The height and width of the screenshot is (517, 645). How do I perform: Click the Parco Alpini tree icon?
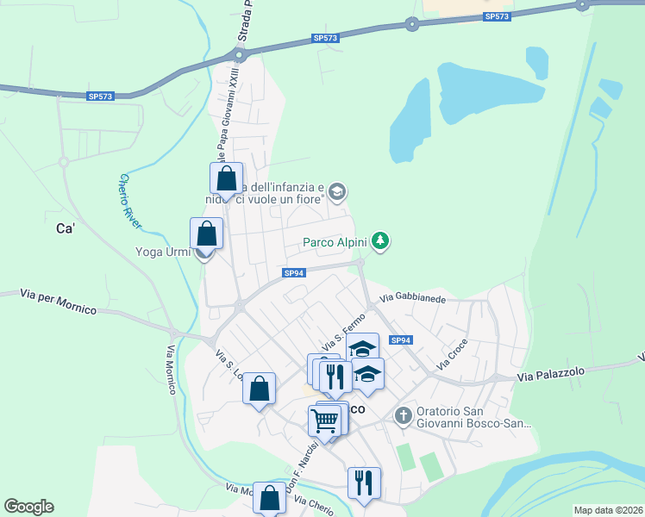(x=380, y=242)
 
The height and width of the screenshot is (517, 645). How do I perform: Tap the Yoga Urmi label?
(x=164, y=252)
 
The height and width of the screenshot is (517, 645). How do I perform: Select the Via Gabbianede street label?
(x=413, y=299)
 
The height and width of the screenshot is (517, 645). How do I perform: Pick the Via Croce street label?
(x=452, y=355)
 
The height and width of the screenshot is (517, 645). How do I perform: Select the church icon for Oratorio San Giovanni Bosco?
(x=403, y=416)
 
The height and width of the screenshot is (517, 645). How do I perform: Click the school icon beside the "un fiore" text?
(x=338, y=191)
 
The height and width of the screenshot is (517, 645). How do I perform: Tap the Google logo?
(x=28, y=507)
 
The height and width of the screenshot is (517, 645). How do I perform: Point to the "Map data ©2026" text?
(x=608, y=510)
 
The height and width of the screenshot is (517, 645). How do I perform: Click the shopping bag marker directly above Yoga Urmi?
(x=207, y=234)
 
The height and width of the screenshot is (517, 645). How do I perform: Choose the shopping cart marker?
(x=325, y=420)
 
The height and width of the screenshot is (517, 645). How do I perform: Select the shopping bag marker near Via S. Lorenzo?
(x=259, y=389)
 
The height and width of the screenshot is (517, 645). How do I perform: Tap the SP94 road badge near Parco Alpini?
(x=294, y=273)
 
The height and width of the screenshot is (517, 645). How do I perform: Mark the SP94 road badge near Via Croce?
(x=401, y=340)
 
